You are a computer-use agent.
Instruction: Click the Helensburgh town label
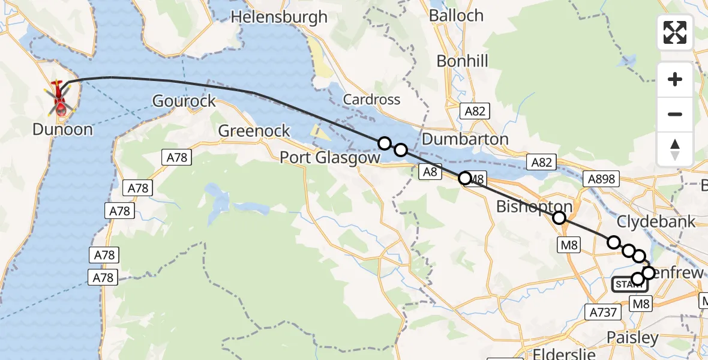[x=279, y=17]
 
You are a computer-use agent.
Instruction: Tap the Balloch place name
[x=456, y=16]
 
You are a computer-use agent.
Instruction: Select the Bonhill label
[x=462, y=61]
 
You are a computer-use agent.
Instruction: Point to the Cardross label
[x=371, y=99]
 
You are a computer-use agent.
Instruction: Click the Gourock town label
[x=184, y=101]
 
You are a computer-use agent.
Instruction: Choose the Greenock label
[x=254, y=130]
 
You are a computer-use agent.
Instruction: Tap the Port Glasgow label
[x=330, y=158]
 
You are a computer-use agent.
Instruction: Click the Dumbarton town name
[x=465, y=139]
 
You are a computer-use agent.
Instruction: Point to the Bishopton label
[x=534, y=207]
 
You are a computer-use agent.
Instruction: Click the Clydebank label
[x=656, y=221]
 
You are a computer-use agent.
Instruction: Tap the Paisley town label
[x=632, y=337]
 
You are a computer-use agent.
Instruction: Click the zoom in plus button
[x=675, y=80]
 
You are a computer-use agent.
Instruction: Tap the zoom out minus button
[x=675, y=114]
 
